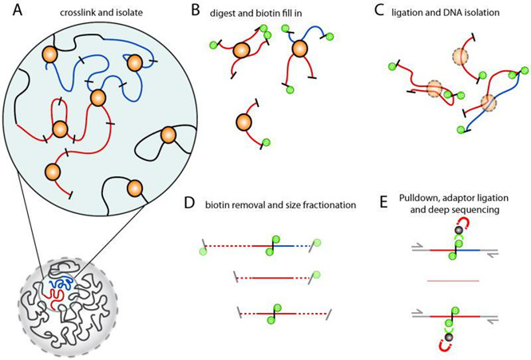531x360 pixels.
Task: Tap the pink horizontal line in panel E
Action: [x=456, y=280]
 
